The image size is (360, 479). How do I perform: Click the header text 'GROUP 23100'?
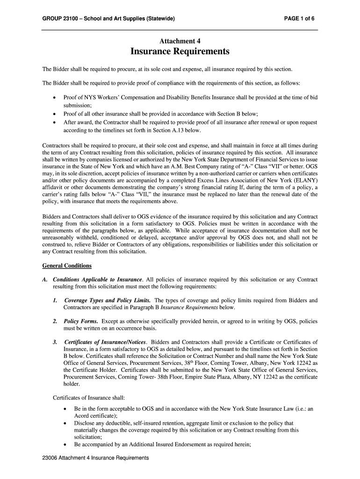(59, 19)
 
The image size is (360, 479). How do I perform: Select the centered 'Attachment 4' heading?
(180, 41)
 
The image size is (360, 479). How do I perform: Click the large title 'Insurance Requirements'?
(180, 51)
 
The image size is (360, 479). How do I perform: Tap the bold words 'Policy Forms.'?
(81, 321)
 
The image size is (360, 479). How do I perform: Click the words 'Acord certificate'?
(95, 415)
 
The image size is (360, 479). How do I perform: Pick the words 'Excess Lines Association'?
(219, 179)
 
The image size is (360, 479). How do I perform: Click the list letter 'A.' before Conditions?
(45, 280)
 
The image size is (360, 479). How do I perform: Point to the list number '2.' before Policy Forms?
(55, 321)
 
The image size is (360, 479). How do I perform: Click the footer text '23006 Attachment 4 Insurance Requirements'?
(95, 458)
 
